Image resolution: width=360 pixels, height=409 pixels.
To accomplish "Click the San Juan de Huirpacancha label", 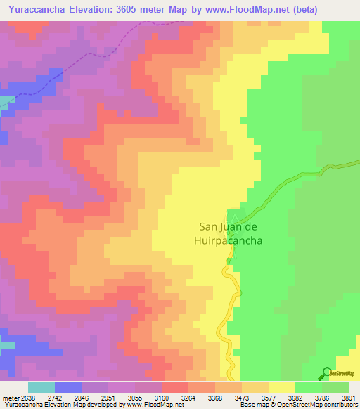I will pos(231,233).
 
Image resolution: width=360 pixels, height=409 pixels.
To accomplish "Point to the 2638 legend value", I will pos(26,397).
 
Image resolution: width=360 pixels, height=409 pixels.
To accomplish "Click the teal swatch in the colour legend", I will pos(41,387).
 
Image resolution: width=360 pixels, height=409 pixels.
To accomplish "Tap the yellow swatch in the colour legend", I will pos(282,387).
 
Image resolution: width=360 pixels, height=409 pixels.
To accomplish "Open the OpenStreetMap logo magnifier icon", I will pos(326,374).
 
